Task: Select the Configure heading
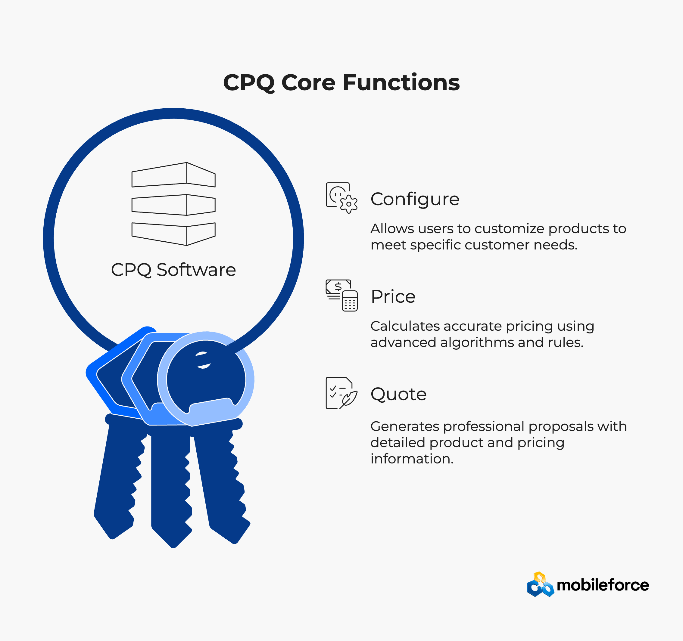point(415,200)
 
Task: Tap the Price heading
point(393,296)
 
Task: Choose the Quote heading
point(398,394)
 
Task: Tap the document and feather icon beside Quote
point(341,393)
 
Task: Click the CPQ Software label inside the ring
point(173,270)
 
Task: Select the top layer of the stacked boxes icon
point(173,175)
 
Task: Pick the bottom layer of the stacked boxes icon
point(173,234)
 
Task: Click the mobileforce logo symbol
point(540,585)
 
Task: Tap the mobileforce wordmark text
point(603,585)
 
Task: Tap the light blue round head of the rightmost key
point(205,379)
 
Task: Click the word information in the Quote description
point(412,459)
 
